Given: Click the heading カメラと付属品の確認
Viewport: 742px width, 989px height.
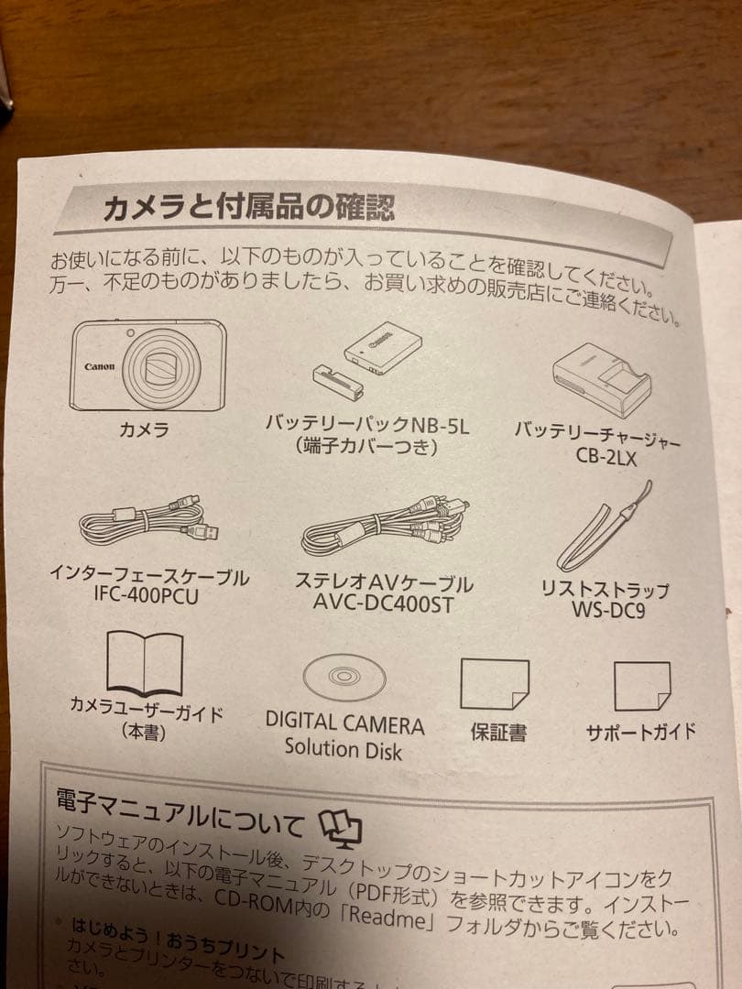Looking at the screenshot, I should coord(247,205).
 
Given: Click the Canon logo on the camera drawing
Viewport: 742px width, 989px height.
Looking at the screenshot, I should coord(100,366).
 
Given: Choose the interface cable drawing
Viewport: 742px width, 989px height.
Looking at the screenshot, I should coord(147,524).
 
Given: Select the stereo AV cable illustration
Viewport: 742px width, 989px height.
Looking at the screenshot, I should coord(383,526).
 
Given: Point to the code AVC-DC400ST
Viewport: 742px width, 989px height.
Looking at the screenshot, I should coord(382,604).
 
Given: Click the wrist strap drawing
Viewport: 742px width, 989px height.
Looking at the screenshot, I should coord(605,536).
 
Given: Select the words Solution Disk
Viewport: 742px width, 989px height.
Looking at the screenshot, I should coord(343,748).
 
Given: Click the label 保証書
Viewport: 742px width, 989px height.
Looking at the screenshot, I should coord(498,734).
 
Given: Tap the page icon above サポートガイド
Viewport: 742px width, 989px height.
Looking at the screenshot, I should coord(641,686).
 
